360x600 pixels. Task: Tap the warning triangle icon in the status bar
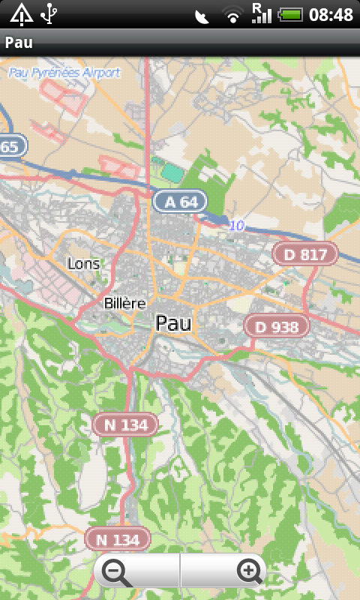(21, 13)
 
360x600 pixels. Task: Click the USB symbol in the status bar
(49, 13)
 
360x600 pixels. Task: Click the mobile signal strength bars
(261, 13)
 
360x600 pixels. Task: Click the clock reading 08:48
(331, 14)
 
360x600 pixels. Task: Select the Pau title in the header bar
(19, 43)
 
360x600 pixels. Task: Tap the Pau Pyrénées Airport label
(64, 73)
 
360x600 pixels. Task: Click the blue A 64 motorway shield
(180, 201)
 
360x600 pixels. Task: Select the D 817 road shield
(305, 254)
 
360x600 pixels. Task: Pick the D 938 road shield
(277, 326)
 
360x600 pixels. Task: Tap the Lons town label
(83, 263)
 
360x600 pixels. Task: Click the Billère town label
(123, 303)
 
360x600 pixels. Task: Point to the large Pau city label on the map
(173, 322)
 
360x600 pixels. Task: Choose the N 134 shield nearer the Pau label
(125, 424)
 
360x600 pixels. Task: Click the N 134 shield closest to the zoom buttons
(118, 538)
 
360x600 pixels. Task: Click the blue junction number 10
(237, 225)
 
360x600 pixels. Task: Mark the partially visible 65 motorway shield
(12, 146)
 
